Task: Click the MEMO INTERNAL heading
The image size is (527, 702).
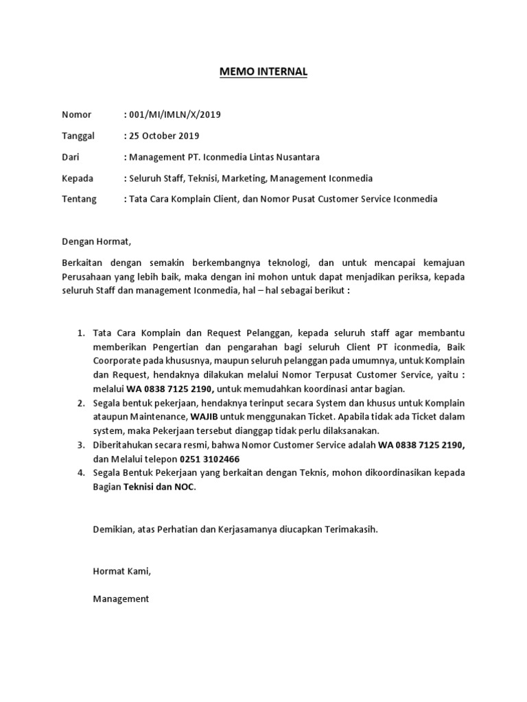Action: [263, 71]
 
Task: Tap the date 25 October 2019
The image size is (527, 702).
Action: [163, 136]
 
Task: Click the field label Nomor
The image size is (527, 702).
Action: [76, 114]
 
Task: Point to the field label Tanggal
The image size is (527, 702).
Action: [79, 136]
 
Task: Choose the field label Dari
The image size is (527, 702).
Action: [71, 157]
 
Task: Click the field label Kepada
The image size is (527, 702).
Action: [78, 178]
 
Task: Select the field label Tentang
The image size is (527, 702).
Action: [80, 199]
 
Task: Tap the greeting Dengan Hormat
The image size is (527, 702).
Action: [95, 241]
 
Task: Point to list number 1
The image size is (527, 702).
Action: [80, 333]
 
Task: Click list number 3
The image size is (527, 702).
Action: [80, 444]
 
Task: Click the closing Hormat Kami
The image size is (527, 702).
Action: [121, 570]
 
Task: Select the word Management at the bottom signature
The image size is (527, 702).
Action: [121, 598]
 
